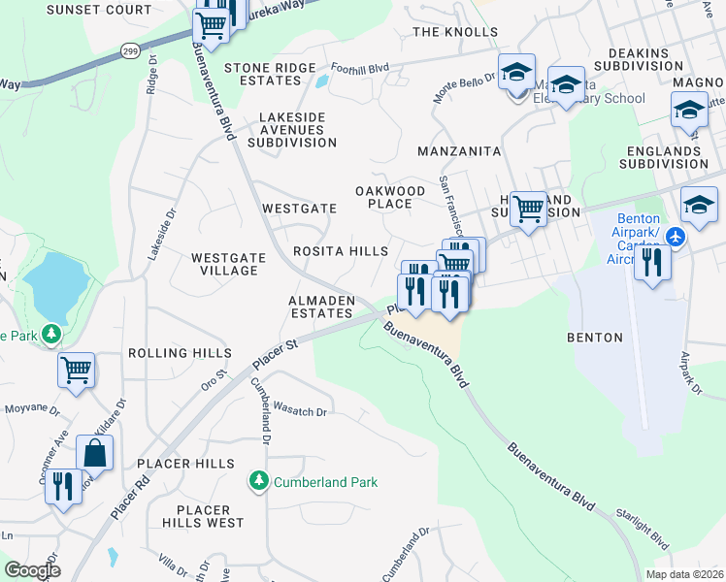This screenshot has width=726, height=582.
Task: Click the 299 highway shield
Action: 129,49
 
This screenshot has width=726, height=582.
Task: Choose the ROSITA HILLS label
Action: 341,251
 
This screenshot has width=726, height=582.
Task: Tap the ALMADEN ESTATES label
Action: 320,307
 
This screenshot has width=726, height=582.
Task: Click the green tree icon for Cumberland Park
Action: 259,481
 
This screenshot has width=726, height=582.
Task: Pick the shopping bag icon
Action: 95,453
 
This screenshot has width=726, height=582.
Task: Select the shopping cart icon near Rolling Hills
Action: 76,370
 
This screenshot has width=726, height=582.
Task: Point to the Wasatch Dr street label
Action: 301,410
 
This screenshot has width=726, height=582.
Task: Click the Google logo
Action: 32,570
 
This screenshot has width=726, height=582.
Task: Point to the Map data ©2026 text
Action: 683,574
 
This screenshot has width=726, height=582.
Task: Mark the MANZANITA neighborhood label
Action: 458,152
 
